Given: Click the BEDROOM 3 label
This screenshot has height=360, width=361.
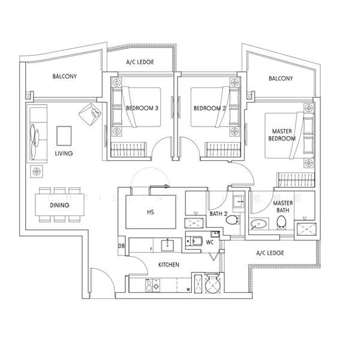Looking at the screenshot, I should pyautogui.click(x=142, y=109).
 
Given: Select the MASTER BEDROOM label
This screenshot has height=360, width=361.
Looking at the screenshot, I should pyautogui.click(x=283, y=135).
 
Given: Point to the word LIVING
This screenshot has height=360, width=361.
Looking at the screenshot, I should pyautogui.click(x=64, y=154).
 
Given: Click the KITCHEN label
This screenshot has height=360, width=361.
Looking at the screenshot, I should pyautogui.click(x=170, y=264).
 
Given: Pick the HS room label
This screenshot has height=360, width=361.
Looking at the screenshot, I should pyautogui.click(x=151, y=212).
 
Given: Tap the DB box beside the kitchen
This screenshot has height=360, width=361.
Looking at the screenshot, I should pyautogui.click(x=122, y=246).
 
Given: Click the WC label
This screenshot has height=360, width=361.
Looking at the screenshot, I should pyautogui.click(x=210, y=243).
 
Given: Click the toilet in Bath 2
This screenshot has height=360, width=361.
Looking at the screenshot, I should pyautogui.click(x=231, y=221).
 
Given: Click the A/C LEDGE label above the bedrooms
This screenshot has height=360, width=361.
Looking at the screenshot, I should pyautogui.click(x=139, y=62).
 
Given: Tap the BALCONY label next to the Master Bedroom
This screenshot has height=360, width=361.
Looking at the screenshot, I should pyautogui.click(x=280, y=79).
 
